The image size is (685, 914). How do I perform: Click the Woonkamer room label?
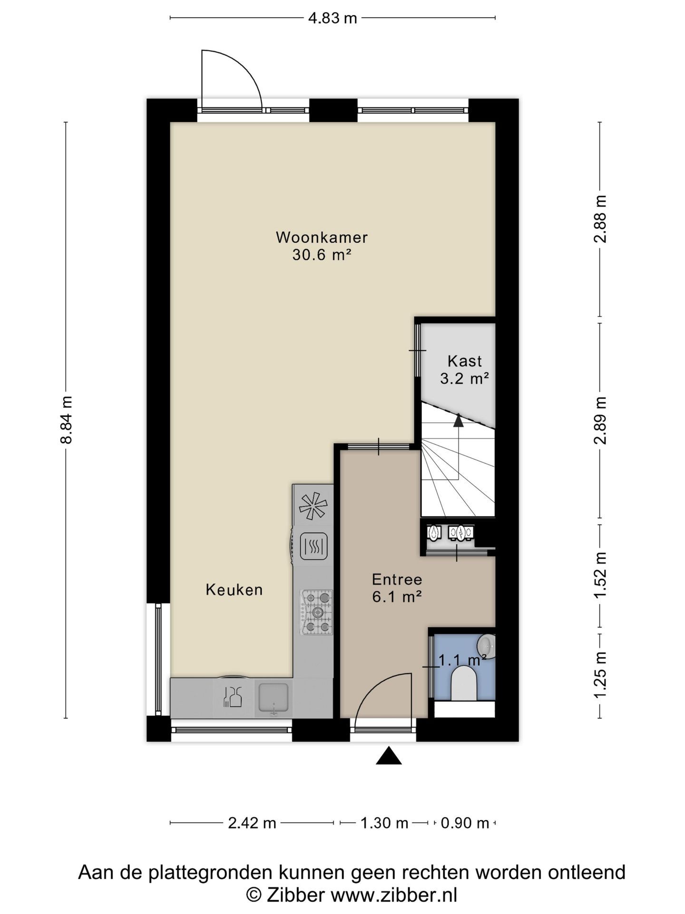(322, 237)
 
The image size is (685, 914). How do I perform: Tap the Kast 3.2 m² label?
(465, 369)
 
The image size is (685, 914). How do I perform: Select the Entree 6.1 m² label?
(397, 588)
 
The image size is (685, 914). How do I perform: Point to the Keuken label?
(234, 590)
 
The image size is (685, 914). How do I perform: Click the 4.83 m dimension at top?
(333, 18)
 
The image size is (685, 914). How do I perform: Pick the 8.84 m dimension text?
(66, 419)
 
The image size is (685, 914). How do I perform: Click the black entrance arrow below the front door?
(389, 755)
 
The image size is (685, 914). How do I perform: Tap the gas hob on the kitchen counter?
(316, 612)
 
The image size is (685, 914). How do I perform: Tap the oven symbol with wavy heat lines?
(313, 546)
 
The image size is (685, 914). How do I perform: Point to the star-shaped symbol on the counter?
(313, 506)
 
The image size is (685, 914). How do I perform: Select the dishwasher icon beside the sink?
(232, 697)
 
